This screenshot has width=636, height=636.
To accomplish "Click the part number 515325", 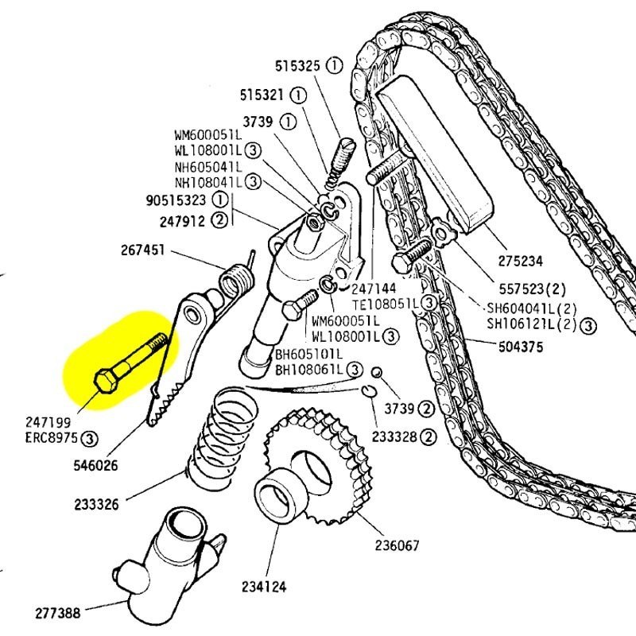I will point(299,67).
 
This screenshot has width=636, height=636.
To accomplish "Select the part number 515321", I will point(262,95).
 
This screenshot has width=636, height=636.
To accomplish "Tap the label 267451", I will point(143,250).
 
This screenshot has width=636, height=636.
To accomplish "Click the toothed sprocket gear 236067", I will point(318,469).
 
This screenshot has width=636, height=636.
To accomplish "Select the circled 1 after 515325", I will point(335,66).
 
